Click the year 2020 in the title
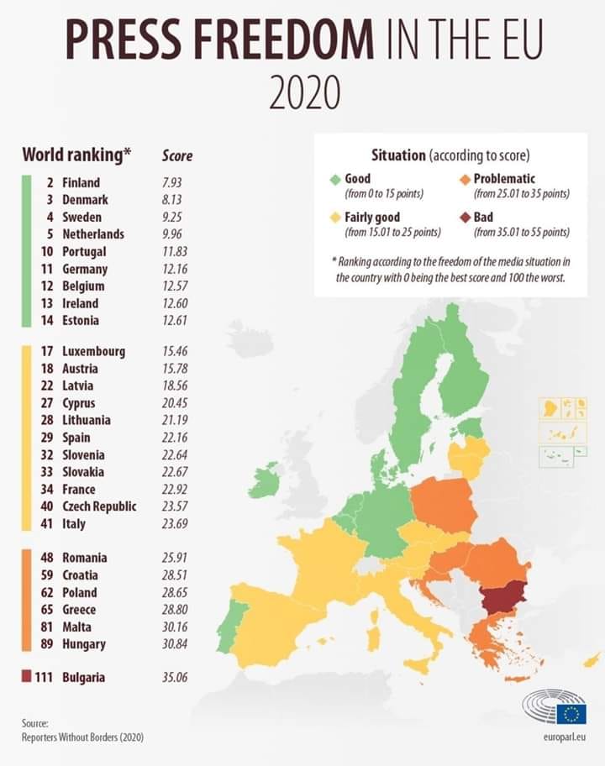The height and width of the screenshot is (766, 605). click(x=304, y=93)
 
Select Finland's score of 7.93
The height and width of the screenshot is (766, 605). click(x=171, y=183)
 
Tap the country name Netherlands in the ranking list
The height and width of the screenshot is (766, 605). click(x=93, y=234)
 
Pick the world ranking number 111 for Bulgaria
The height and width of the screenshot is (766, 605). click(x=44, y=677)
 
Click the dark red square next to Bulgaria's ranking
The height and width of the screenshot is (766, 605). click(x=26, y=677)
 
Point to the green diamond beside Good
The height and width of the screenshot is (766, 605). click(x=335, y=180)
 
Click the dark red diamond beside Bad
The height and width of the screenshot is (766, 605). click(x=466, y=218)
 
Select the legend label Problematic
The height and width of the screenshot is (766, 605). click(x=504, y=179)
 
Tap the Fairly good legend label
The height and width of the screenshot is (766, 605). click(x=372, y=218)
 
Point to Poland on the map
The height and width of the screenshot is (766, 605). click(x=443, y=505)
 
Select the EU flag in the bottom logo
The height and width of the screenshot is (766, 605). click(x=571, y=714)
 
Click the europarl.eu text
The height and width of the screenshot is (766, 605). click(x=565, y=737)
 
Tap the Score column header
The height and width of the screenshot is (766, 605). click(x=177, y=156)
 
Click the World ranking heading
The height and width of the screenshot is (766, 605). click(x=76, y=155)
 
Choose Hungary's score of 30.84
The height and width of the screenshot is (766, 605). click(x=175, y=644)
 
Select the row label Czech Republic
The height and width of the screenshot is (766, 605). click(x=99, y=506)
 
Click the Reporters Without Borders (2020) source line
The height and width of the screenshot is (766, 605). click(x=82, y=737)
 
